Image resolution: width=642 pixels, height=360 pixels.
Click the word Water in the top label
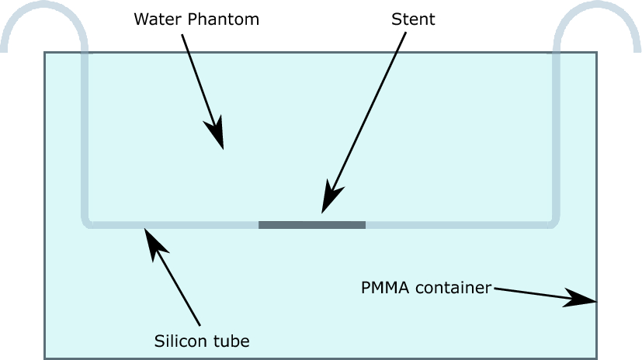(x=154, y=19)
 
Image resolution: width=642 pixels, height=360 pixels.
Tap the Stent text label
(x=413, y=19)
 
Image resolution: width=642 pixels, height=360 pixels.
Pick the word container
(x=453, y=288)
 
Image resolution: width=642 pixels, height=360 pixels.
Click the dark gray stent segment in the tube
(x=312, y=225)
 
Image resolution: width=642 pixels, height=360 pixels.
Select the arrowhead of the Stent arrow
(x=331, y=199)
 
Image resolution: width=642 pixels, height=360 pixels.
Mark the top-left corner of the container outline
(x=45, y=53)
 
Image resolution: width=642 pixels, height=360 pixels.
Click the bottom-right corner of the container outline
(x=596, y=358)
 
